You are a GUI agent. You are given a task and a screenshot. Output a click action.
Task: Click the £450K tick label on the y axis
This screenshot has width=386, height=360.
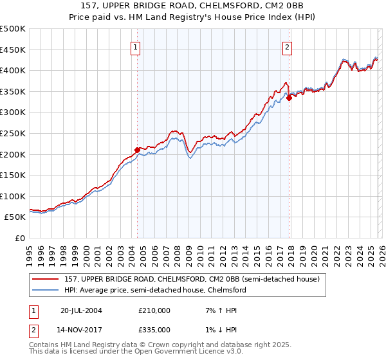point(13,50)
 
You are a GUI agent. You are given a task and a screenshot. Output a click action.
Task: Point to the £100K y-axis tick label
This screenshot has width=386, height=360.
point(13,196)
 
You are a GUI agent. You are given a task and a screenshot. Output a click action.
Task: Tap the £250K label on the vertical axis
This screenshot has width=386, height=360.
point(13,133)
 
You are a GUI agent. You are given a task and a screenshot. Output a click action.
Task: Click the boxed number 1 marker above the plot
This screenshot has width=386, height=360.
point(136,46)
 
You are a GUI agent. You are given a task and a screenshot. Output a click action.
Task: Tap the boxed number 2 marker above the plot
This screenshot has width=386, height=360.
point(287,46)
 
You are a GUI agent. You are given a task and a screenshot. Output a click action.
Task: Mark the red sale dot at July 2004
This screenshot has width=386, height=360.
point(137,150)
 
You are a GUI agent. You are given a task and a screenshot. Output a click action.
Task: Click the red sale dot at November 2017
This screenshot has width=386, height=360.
point(289,98)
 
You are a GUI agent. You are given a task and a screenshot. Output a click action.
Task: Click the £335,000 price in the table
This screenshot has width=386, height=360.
point(154,329)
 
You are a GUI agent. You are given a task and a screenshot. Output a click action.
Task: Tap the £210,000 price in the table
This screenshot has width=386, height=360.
point(154,310)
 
